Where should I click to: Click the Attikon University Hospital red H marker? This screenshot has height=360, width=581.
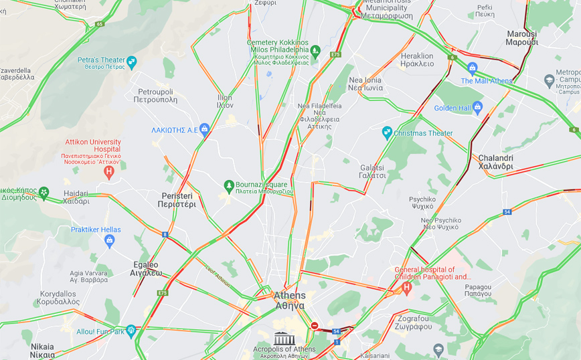pyautogui.click(x=109, y=172)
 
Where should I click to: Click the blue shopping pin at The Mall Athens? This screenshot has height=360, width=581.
pyautogui.click(x=473, y=68)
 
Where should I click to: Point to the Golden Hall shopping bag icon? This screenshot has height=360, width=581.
pyautogui.click(x=477, y=107)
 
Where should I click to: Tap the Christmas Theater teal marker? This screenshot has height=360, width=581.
pyautogui.click(x=387, y=132)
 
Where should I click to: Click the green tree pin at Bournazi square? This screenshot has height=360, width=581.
pyautogui.click(x=229, y=185)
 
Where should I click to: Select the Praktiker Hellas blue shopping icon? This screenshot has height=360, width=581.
pyautogui.click(x=110, y=240)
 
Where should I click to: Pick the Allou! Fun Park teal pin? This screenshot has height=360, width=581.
pyautogui.click(x=131, y=331)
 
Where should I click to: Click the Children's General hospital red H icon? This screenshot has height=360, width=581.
pyautogui.click(x=406, y=288)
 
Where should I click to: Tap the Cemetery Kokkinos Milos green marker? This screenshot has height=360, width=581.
pyautogui.click(x=315, y=51)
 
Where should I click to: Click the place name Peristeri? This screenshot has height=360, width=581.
pyautogui.click(x=178, y=199)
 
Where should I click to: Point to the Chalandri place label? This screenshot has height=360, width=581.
pyautogui.click(x=495, y=162)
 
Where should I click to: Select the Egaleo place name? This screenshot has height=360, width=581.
pyautogui.click(x=146, y=268)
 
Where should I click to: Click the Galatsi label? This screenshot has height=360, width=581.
pyautogui.click(x=373, y=171)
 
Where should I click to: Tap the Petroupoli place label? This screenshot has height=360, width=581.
pyautogui.click(x=155, y=96)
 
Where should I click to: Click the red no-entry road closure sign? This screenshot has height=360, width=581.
pyautogui.click(x=315, y=326)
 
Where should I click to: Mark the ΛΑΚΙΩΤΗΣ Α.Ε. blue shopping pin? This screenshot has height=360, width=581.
pyautogui.click(x=205, y=129)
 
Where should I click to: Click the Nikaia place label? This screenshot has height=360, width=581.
pyautogui.click(x=42, y=351)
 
